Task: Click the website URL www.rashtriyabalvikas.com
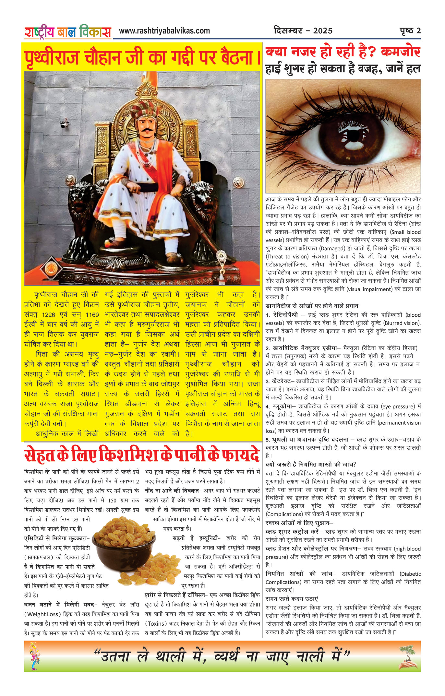pyautogui.click(x=164, y=31)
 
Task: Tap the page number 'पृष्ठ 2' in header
pyautogui.click(x=410, y=31)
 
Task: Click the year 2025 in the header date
pyautogui.click(x=323, y=31)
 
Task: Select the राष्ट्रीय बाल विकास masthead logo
pyautogui.click(x=67, y=32)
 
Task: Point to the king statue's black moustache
pyautogui.click(x=147, y=130)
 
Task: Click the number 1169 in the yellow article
pyautogui.click(x=92, y=315)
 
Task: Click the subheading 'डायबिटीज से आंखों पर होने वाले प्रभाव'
pyautogui.click(x=312, y=306)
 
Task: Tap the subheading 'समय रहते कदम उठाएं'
pyautogui.click(x=292, y=599)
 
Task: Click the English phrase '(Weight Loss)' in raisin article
pyautogui.click(x=42, y=614)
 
